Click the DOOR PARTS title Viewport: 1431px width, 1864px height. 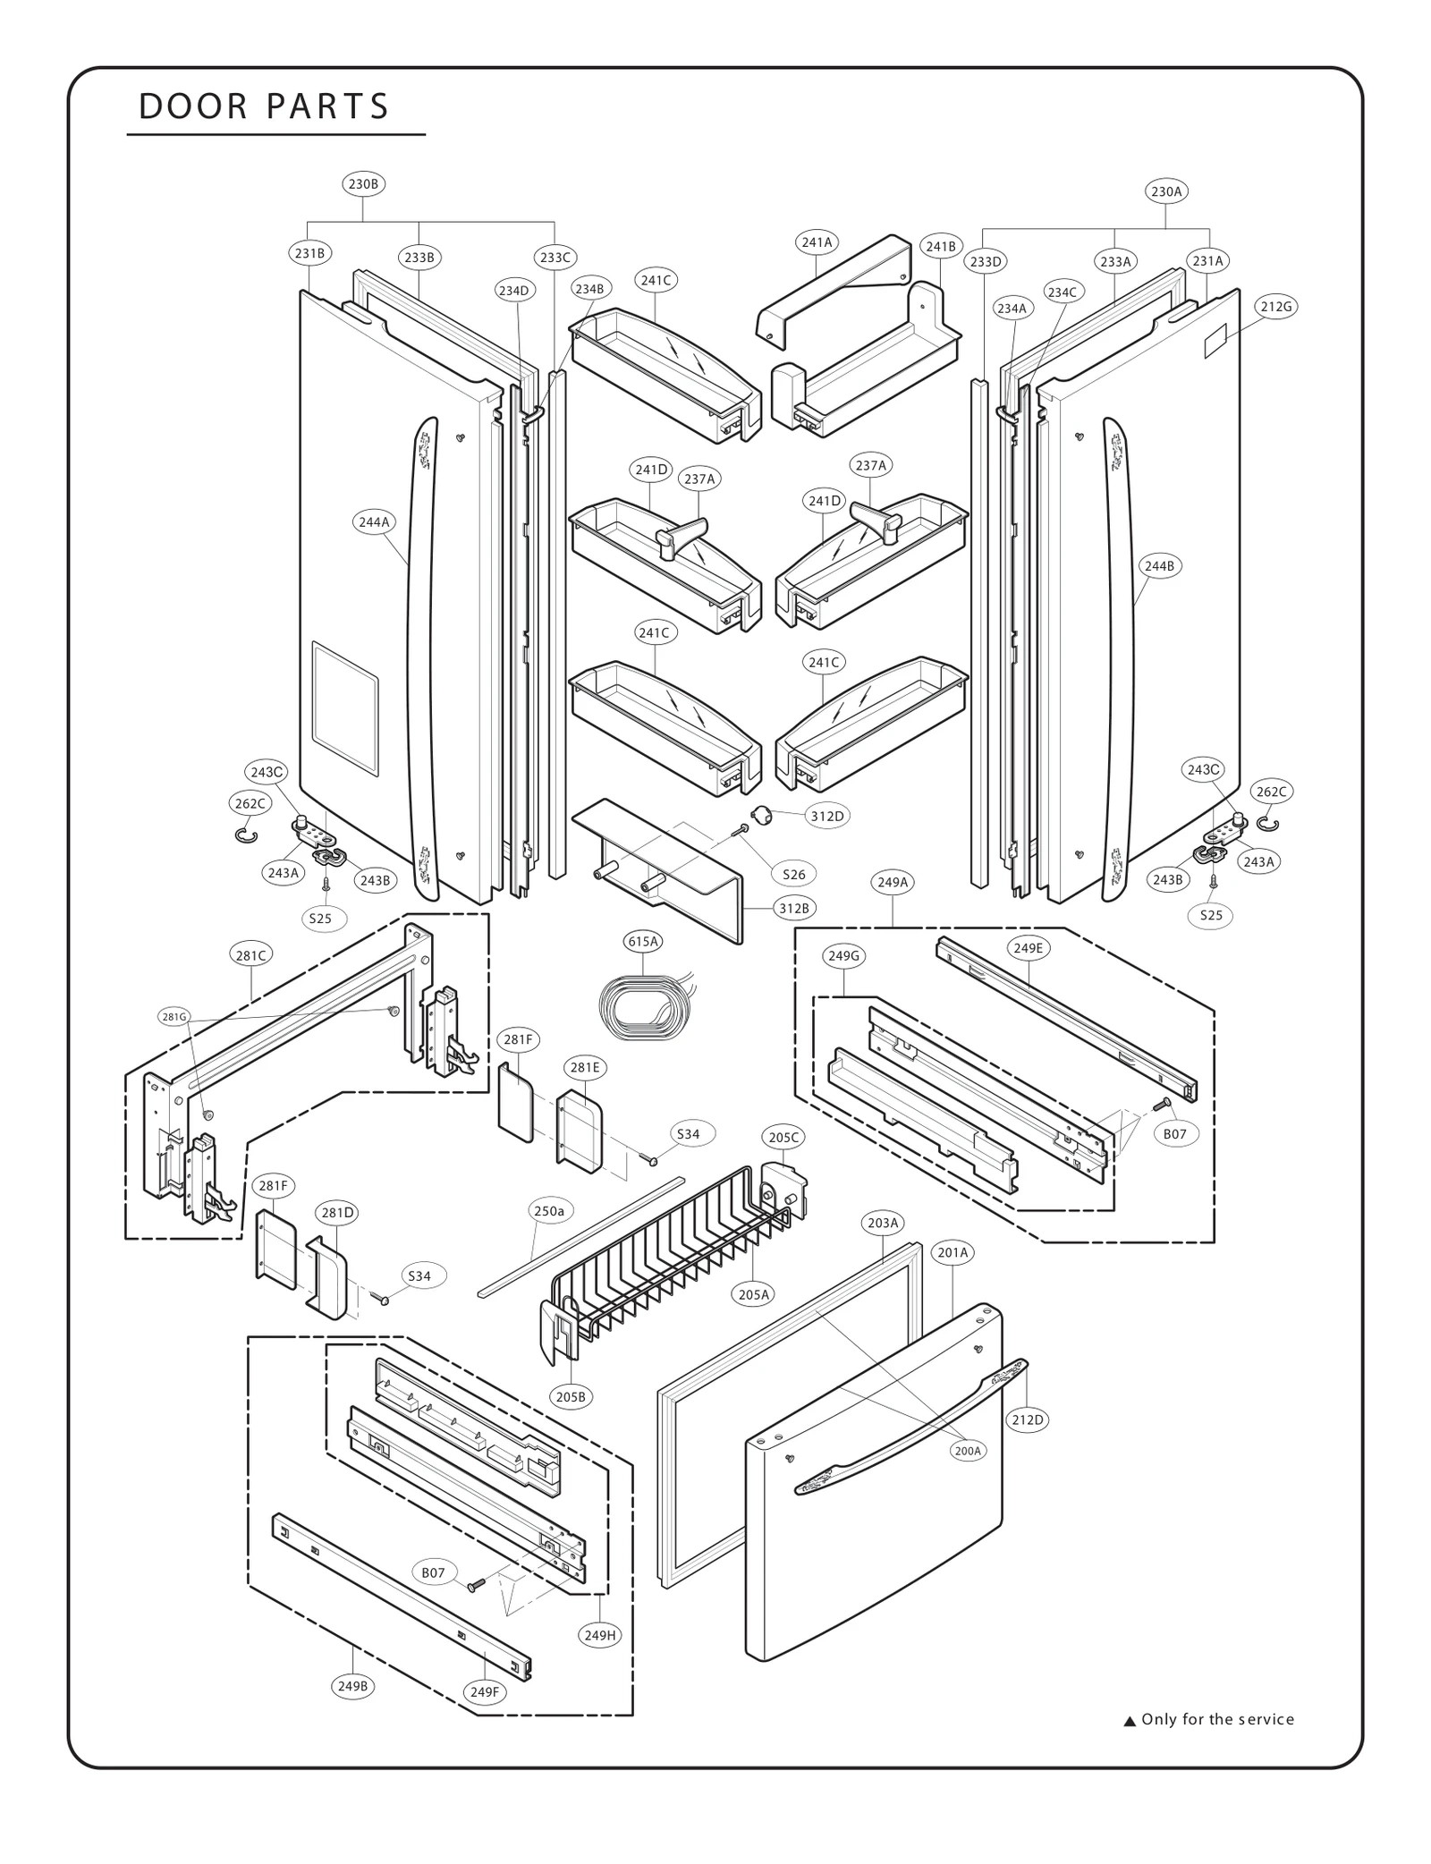(264, 106)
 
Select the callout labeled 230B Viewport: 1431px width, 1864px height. (362, 184)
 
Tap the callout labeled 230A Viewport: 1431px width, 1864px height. (1166, 191)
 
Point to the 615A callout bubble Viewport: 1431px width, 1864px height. (642, 941)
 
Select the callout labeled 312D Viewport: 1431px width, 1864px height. (826, 816)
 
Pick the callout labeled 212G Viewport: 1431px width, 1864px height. (1275, 307)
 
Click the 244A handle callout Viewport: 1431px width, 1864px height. (374, 521)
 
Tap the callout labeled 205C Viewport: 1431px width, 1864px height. (783, 1138)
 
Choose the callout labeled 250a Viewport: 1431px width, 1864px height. (549, 1211)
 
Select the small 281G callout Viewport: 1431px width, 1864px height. (174, 1016)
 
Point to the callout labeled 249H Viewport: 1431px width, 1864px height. (600, 1635)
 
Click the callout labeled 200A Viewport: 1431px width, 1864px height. (968, 1451)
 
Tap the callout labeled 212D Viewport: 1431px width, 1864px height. (1027, 1419)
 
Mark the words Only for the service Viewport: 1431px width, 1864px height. (1216, 1719)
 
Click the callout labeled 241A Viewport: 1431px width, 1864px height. (816, 242)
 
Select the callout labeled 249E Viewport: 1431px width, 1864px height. (1028, 948)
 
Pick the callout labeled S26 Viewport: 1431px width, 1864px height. (793, 875)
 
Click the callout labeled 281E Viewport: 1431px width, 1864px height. (585, 1067)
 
